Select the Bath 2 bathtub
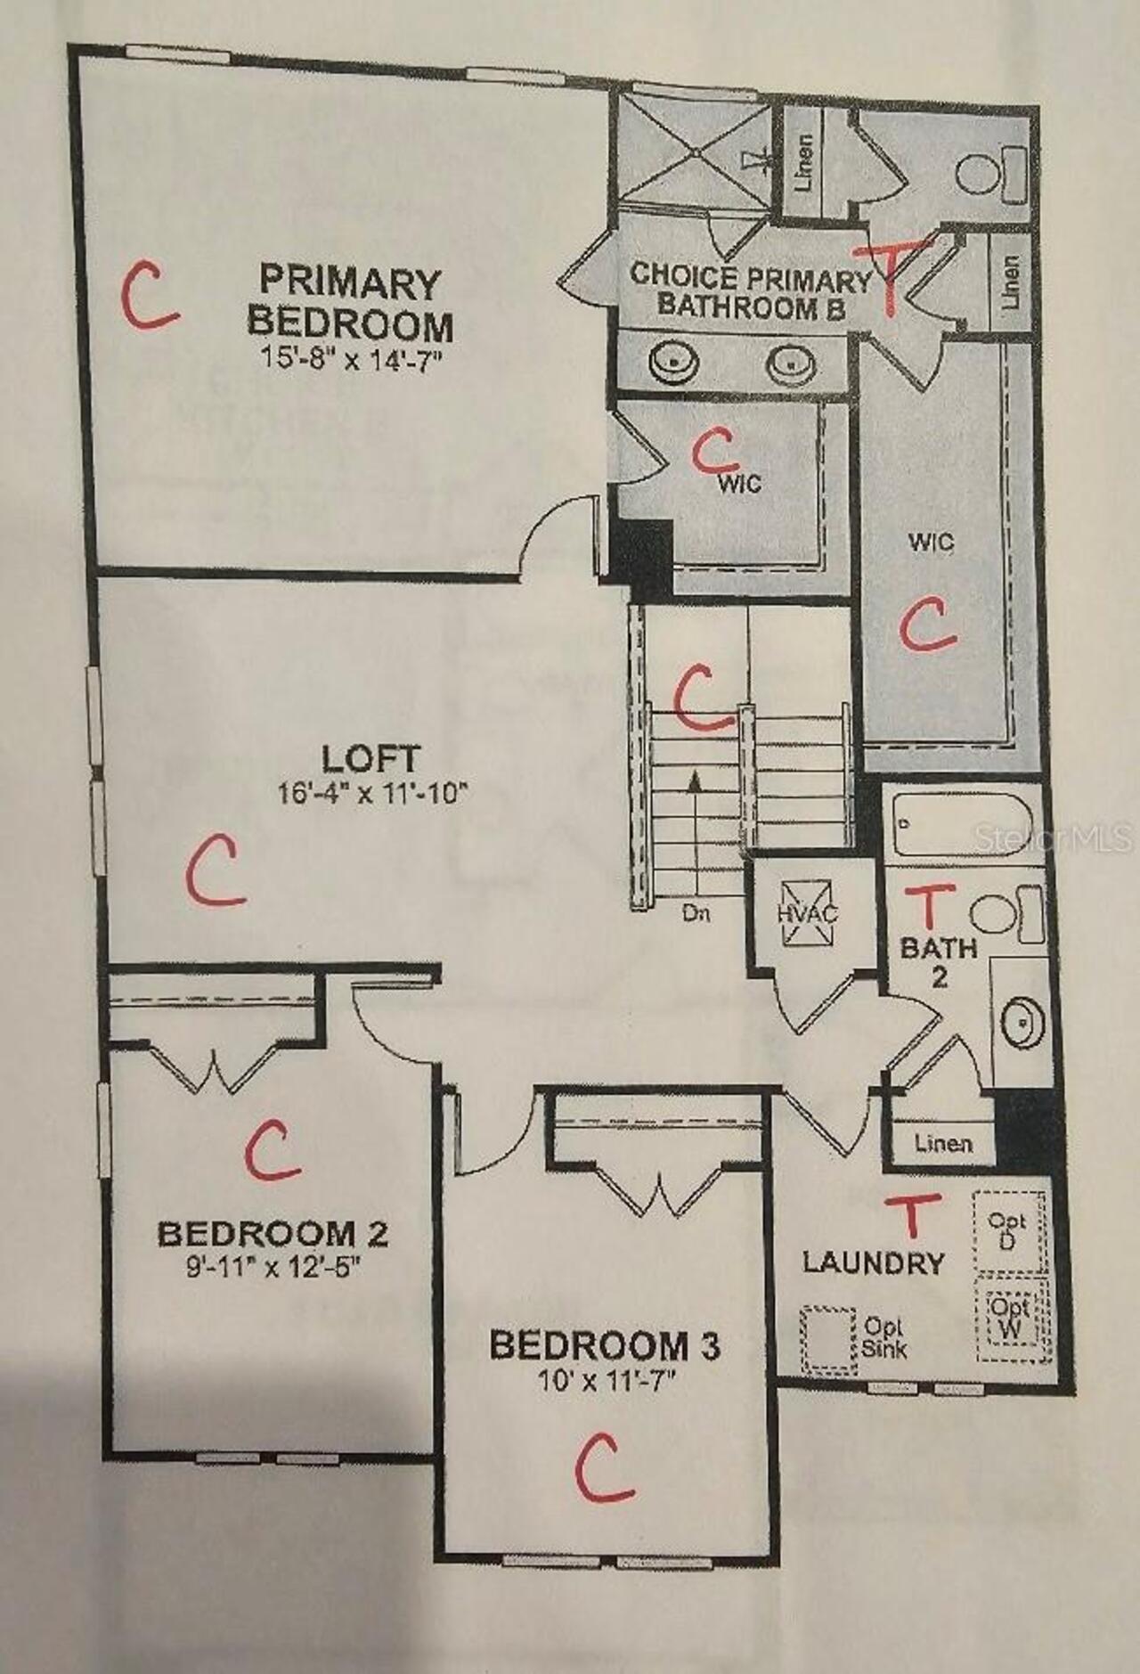point(960,821)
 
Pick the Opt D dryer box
point(1009,1230)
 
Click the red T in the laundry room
point(911,1215)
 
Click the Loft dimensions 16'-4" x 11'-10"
point(371,793)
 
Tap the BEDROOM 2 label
point(273,1234)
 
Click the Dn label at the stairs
point(696,913)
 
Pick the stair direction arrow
point(695,781)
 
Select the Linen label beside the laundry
point(942,1143)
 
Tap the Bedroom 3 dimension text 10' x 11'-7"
point(607,1382)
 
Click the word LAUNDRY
point(873,1262)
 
